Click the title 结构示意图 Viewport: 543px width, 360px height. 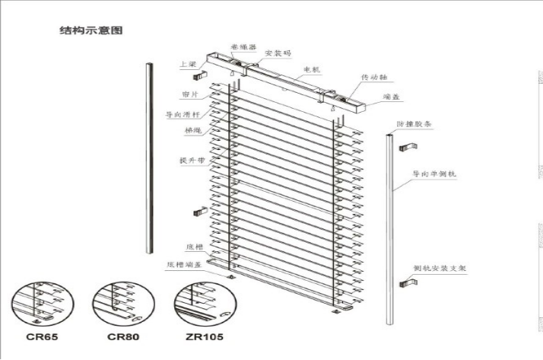point(90,31)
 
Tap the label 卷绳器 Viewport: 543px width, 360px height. point(241,46)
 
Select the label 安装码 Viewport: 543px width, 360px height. point(278,53)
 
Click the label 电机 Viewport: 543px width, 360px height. point(312,69)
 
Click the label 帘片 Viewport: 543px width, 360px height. point(189,94)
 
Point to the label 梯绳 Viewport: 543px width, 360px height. point(192,130)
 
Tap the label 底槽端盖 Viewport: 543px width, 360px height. point(183,266)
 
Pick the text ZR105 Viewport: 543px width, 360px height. point(204,336)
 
